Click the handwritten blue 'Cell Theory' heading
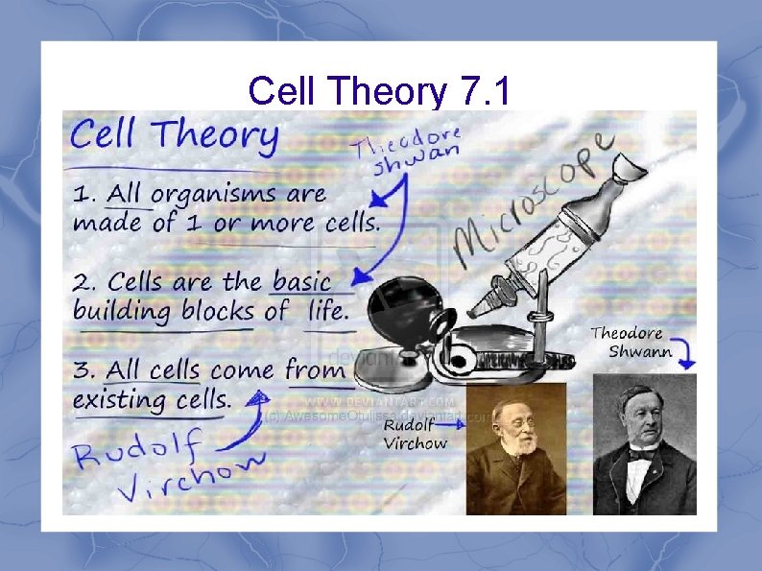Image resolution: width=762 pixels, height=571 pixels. point(174,136)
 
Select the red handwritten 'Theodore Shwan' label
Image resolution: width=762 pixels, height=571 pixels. point(407,150)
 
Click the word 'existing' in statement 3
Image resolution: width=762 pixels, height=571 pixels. point(116,398)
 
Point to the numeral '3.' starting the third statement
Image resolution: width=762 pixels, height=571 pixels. point(85,370)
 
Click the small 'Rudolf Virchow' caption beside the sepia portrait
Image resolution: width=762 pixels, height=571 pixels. point(416,434)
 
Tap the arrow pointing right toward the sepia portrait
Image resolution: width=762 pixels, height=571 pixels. point(457,443)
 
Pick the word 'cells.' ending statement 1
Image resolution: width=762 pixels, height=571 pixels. point(349,224)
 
